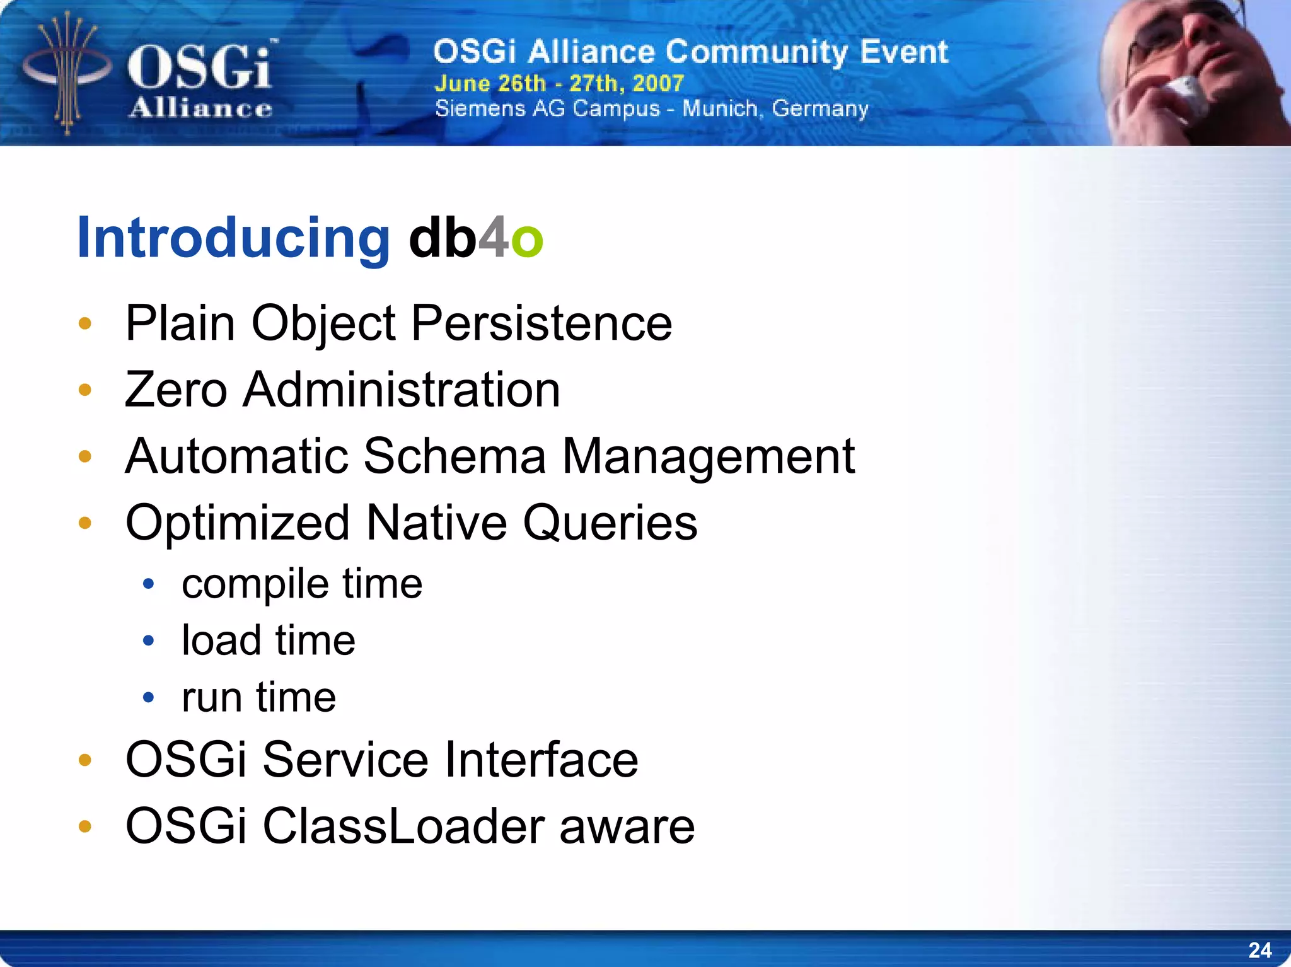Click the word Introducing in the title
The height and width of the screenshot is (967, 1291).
[x=233, y=238]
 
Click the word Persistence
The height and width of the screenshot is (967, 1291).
[x=541, y=323]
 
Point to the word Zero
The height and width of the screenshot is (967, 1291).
[x=176, y=390]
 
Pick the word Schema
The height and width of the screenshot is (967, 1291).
[x=454, y=456]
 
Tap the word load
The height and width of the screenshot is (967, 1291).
[x=221, y=640]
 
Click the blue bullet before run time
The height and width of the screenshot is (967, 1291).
[x=149, y=697]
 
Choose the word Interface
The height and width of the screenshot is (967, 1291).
[x=541, y=760]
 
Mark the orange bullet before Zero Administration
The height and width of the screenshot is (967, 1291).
[x=85, y=390]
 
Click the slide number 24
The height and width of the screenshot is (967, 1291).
[x=1259, y=950]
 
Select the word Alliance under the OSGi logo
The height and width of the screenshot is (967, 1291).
[x=200, y=108]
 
